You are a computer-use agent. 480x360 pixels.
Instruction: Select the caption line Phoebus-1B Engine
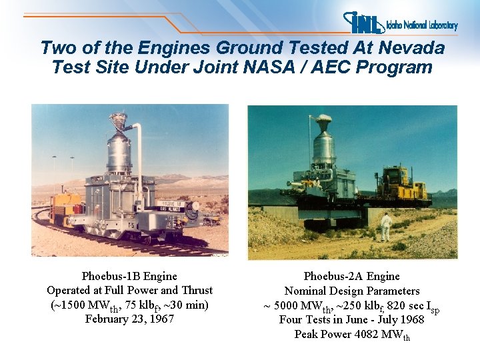[x=129, y=276]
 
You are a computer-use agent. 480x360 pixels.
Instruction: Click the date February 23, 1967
[x=129, y=319]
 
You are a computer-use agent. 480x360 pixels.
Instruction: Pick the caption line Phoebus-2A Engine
[x=351, y=276]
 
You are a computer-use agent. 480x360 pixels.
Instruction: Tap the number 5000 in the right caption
[x=291, y=305]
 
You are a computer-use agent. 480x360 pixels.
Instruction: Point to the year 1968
[x=410, y=319]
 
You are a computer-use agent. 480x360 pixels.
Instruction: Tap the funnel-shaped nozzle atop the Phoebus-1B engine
[x=119, y=121]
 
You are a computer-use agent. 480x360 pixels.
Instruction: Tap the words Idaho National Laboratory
[x=422, y=25]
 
